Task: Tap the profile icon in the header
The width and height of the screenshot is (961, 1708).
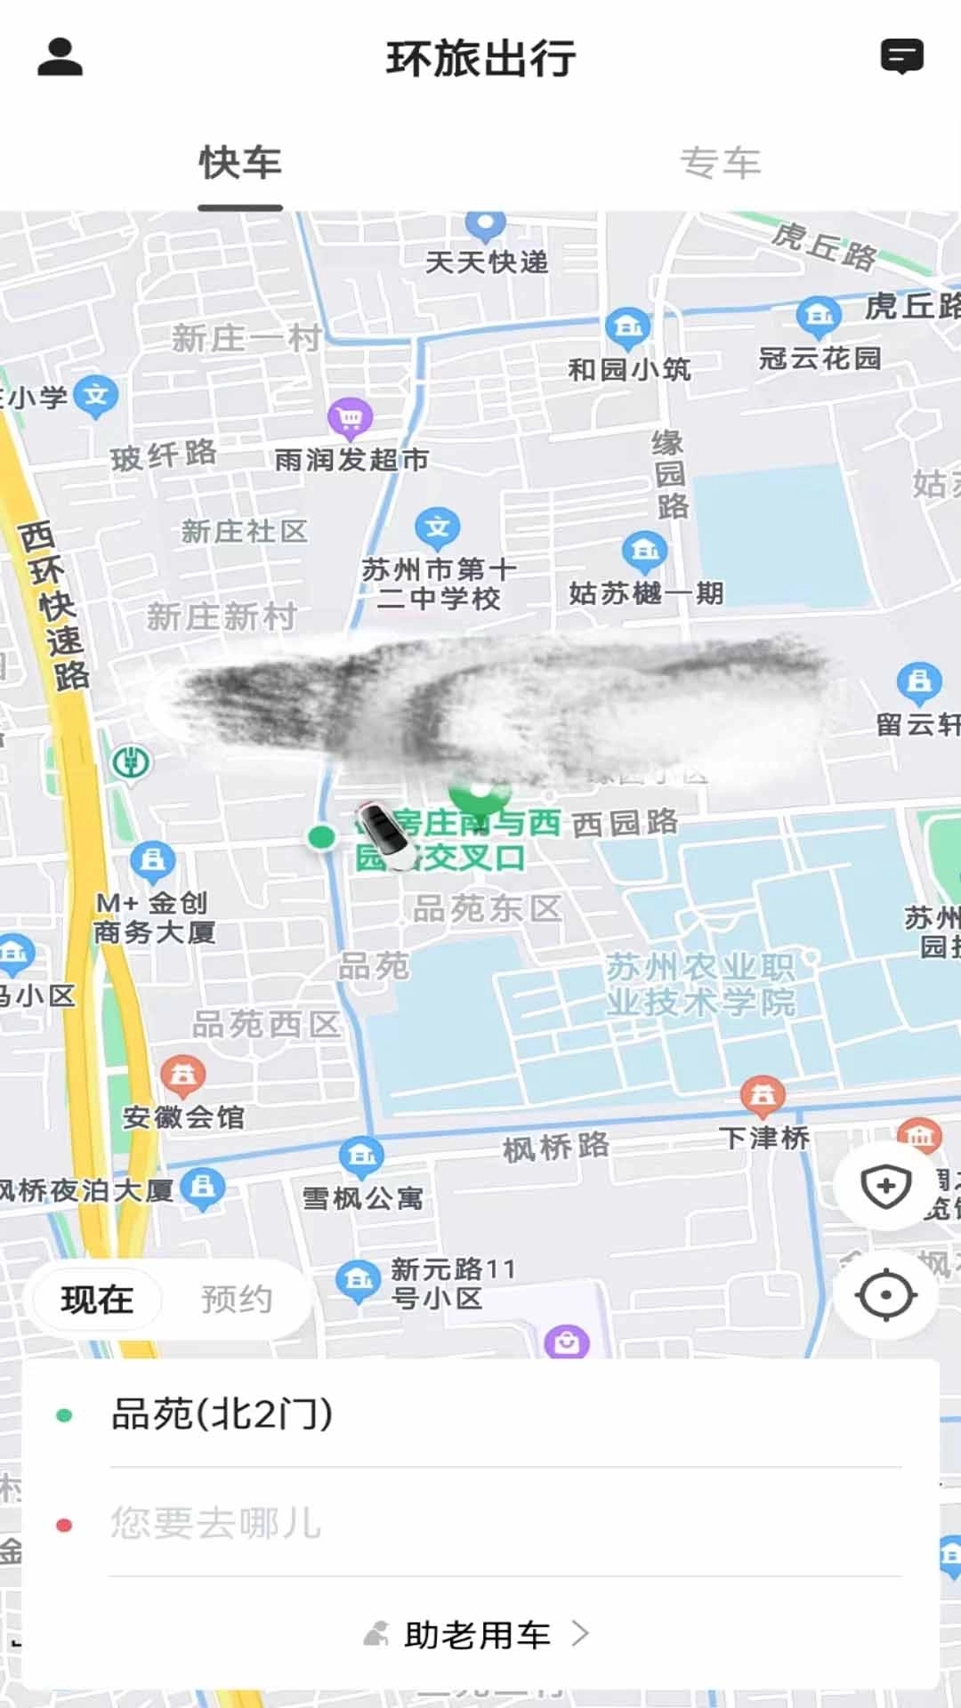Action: [x=60, y=57]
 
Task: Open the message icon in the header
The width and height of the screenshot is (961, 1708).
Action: [x=901, y=57]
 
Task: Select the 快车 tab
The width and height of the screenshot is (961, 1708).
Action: [x=240, y=164]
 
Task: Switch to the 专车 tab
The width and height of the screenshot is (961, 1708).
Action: [x=720, y=164]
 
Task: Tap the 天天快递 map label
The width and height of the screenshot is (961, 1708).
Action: [x=486, y=262]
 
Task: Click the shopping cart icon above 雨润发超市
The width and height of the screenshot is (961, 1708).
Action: [x=350, y=416]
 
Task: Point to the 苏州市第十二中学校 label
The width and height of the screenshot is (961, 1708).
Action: [x=439, y=583]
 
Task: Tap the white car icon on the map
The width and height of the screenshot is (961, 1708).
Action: [x=386, y=834]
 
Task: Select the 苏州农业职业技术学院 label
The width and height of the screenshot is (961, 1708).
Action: [x=700, y=984]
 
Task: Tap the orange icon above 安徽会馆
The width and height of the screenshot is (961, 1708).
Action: [x=183, y=1075]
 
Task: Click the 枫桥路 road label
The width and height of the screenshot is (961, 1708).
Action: [x=556, y=1147]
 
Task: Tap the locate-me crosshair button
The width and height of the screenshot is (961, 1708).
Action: [x=885, y=1295]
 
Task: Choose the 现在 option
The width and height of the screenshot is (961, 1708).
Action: [x=97, y=1300]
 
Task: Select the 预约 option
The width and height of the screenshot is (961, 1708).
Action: [x=236, y=1300]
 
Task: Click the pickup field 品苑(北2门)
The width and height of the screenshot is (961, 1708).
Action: [x=222, y=1414]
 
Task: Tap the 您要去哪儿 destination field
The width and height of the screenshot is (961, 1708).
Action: [x=215, y=1523]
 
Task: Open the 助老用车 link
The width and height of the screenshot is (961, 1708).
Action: [x=478, y=1634]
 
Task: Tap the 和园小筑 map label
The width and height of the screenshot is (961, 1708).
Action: [x=629, y=368]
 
